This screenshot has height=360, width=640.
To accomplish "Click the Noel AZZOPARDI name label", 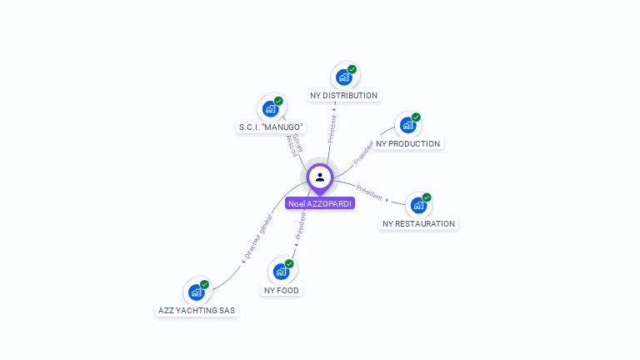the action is pos(320,203).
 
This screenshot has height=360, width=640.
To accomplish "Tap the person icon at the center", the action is pos(320,177).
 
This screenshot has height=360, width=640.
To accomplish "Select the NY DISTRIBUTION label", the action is pos(343,96).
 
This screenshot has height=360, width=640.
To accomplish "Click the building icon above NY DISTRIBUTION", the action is pos(343,77).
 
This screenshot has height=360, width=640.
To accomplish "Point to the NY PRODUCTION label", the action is pos(407,144).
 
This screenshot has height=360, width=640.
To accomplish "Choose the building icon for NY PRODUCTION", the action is pos(407,125).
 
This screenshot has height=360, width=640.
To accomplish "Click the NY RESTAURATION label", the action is pos(418,224).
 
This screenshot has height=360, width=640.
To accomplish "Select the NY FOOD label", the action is pos(282,291).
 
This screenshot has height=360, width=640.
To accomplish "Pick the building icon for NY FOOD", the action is pos(281,272).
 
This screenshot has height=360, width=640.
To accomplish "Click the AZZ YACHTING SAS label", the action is pos(197,311).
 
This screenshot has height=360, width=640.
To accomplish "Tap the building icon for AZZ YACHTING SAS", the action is pos(196,292).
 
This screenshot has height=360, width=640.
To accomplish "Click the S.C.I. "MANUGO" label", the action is pos(270,127).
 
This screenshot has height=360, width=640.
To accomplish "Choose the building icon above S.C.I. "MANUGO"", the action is pos(269,108).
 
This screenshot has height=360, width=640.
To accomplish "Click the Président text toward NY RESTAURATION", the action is pos(369,192).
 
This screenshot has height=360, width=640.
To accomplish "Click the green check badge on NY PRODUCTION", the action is pos(416,117).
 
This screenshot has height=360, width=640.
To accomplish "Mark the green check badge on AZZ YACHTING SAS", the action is pos(204,285).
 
